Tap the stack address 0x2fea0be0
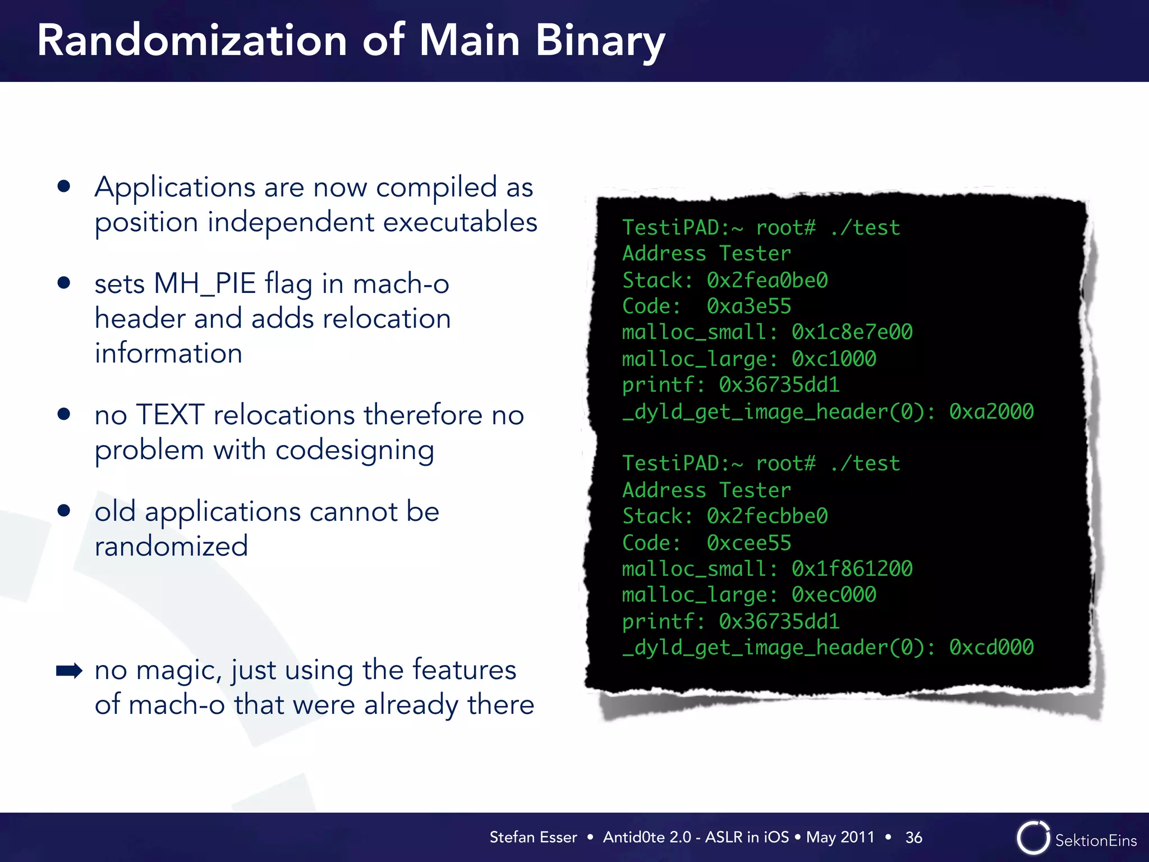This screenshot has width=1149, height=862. point(767,280)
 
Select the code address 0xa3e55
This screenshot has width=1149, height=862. point(748,306)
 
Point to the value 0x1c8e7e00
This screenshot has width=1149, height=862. point(852,332)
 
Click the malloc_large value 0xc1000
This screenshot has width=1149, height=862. point(834,359)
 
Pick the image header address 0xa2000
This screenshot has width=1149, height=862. point(991,411)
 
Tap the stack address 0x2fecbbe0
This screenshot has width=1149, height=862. point(767,516)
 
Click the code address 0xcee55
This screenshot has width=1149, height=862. point(748,543)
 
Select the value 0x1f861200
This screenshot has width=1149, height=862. point(852,568)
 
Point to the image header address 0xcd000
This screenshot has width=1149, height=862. point(991,647)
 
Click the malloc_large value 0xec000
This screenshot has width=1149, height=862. point(834,594)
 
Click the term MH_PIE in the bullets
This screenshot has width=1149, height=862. point(204,283)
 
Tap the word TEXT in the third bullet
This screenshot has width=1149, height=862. point(169,415)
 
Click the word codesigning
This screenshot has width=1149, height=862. point(355,451)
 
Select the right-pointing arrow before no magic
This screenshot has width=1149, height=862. point(69,671)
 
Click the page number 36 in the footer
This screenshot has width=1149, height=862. point(913,837)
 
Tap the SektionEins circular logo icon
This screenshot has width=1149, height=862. point(1032,838)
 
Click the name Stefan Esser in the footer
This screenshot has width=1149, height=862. point(533,837)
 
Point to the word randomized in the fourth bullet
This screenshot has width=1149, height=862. point(171,546)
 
